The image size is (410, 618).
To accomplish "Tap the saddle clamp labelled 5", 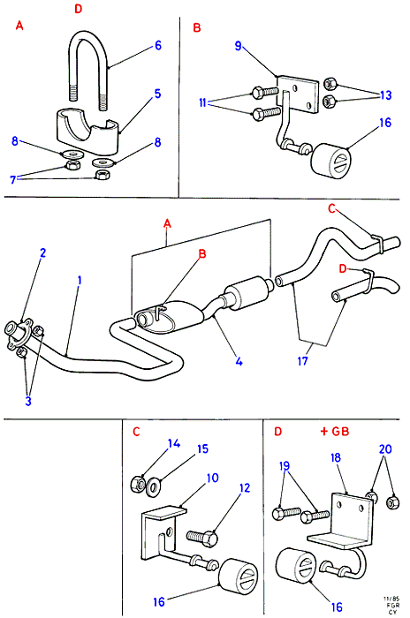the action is tap(87, 132).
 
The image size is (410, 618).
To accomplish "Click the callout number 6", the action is tap(158, 46).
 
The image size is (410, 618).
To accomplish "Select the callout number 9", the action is tap(238, 46).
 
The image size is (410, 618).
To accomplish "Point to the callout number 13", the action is tap(385, 95).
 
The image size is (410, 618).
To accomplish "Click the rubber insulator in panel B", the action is tap(330, 159).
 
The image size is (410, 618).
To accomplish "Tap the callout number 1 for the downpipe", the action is tap(80, 281).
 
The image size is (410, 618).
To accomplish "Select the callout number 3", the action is tap(28, 401).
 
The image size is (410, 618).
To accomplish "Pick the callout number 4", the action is tap(239, 361).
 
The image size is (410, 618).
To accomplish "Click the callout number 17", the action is tap(303, 360).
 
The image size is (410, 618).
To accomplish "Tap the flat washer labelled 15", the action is tap(153, 487).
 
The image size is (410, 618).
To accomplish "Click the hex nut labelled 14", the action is tap(138, 483).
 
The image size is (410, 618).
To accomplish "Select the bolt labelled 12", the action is tap(202, 537).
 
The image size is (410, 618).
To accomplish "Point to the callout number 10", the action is tap(212, 479).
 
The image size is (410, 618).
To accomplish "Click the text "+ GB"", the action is tap(335, 431).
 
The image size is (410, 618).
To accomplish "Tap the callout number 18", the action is tap(336, 458).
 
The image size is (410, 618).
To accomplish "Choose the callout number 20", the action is tap(385, 448).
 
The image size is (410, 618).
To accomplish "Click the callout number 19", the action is tap(285, 466).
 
